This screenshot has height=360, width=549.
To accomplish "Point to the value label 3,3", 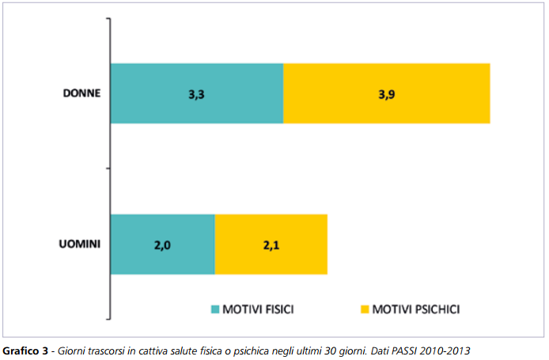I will (x=197, y=94).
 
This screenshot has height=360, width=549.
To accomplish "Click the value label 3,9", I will (x=387, y=94).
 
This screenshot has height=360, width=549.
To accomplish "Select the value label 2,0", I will (x=163, y=245).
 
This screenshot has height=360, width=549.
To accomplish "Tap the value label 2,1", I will (x=271, y=245).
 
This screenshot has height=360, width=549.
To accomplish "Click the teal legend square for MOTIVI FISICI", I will (x=215, y=308).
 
